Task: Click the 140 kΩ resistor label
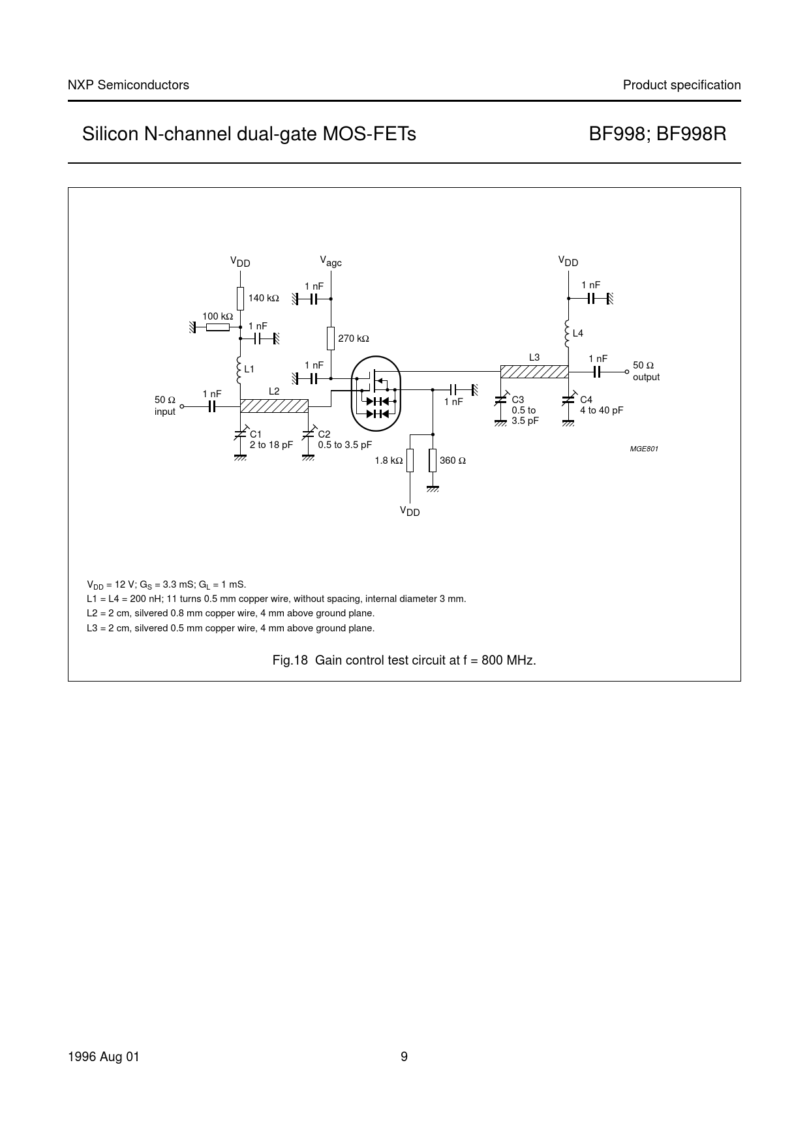(x=264, y=298)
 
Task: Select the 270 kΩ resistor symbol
(x=331, y=338)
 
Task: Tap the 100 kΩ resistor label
(x=217, y=316)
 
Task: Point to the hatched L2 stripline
(x=274, y=406)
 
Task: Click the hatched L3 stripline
(x=534, y=371)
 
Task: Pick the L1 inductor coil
(x=240, y=369)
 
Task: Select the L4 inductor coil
(x=568, y=333)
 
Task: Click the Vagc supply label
(x=331, y=262)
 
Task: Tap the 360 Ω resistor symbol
(x=432, y=460)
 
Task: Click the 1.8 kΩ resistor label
(x=388, y=460)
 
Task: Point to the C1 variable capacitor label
(x=255, y=434)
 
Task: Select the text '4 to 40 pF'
(x=602, y=410)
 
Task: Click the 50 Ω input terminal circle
(x=182, y=406)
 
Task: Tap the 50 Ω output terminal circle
(x=626, y=371)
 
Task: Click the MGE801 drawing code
(x=644, y=449)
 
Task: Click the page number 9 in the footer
(x=404, y=1057)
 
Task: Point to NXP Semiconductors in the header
(x=129, y=85)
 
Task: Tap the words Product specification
(x=682, y=85)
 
